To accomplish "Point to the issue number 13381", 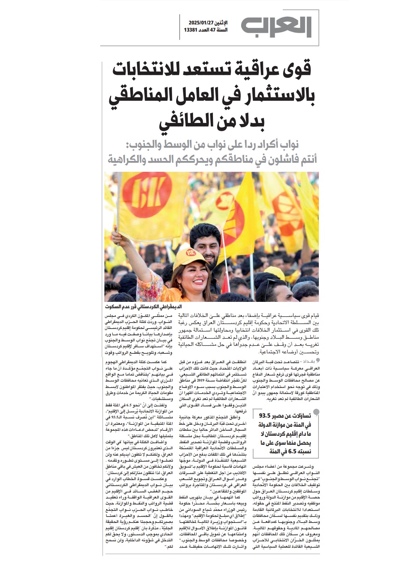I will tap(192, 30).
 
